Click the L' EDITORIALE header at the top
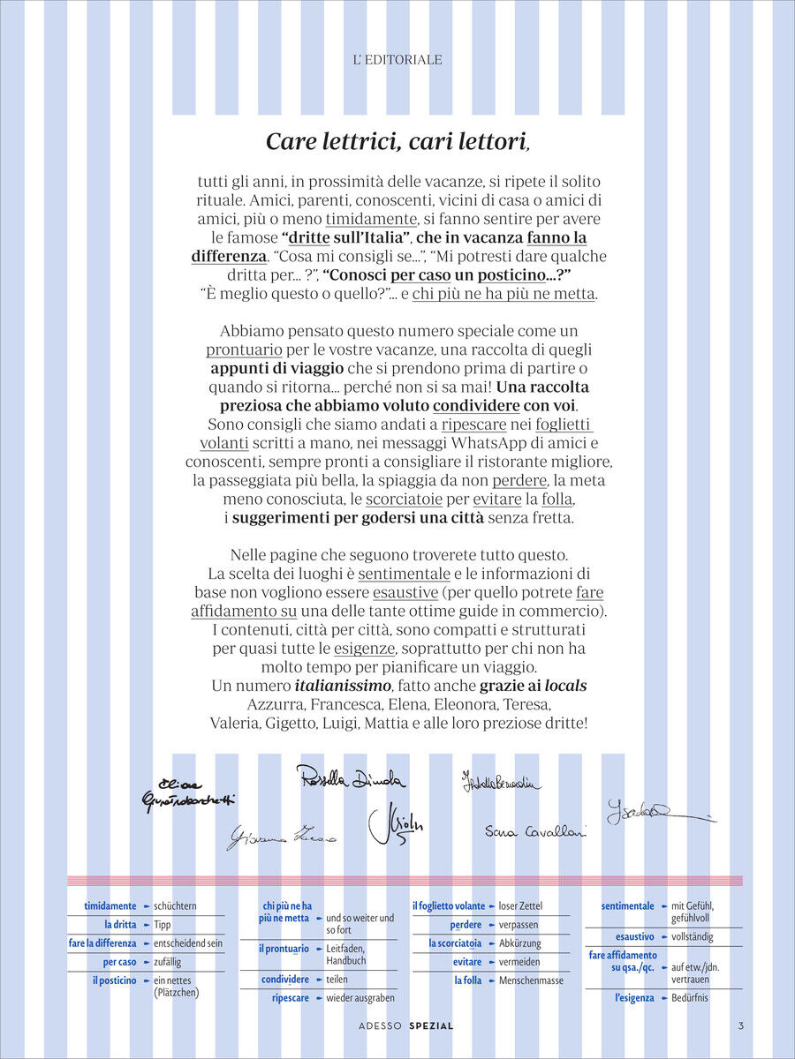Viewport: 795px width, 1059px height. tap(397, 60)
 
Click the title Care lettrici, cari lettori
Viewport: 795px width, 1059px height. tap(397, 141)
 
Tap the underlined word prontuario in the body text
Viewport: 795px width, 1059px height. tap(244, 349)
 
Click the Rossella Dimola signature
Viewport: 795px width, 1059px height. tap(351, 779)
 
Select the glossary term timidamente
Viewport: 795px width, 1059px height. tap(110, 906)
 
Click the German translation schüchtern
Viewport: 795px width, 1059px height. tap(175, 906)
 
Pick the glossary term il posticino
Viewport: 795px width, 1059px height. tap(115, 980)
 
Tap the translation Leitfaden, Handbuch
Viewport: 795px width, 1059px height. tap(346, 954)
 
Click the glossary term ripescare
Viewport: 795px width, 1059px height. tap(291, 998)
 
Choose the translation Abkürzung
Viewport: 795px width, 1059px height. tap(519, 943)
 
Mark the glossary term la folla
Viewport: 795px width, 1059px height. tap(468, 980)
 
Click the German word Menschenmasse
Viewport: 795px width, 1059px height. tap(531, 980)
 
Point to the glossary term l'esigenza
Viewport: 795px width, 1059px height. tap(634, 998)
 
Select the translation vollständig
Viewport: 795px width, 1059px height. tap(693, 936)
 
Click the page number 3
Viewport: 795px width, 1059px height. tap(740, 1025)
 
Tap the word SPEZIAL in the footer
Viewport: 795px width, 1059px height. tap(431, 1026)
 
